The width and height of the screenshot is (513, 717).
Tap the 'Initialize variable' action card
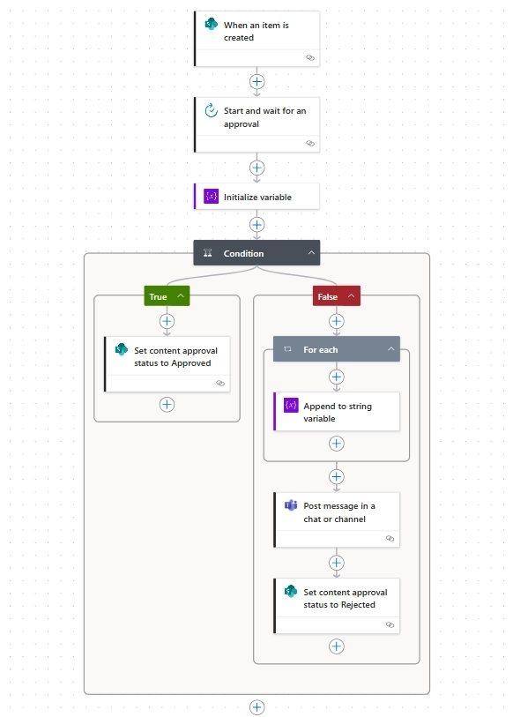click(256, 197)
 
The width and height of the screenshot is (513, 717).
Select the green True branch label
click(159, 296)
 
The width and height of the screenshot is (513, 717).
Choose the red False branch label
click(327, 296)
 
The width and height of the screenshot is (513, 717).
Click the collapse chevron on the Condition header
click(311, 253)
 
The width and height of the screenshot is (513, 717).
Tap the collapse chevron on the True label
click(181, 296)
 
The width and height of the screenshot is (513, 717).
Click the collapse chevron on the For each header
click(390, 349)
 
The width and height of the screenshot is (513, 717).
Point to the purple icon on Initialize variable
click(211, 197)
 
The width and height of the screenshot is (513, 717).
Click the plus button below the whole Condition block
click(256, 707)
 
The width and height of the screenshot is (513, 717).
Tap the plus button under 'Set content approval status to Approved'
click(167, 404)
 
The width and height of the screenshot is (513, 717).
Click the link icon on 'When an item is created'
click(310, 56)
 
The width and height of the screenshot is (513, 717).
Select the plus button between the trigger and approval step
click(256, 81)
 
